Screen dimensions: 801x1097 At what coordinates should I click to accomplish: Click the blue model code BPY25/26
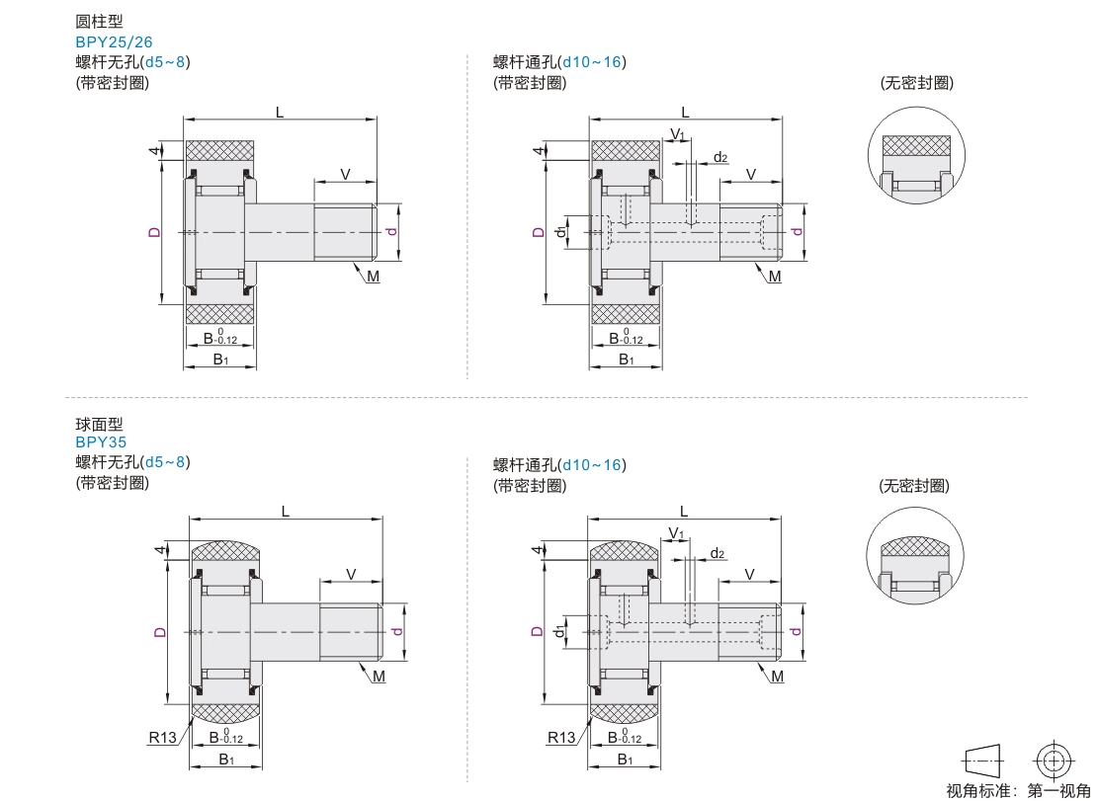tap(115, 42)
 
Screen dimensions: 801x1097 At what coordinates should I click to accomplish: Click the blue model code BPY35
tap(101, 442)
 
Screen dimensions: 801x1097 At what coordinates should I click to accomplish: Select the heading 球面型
tap(100, 424)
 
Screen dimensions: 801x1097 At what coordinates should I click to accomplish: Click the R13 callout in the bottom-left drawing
tap(162, 738)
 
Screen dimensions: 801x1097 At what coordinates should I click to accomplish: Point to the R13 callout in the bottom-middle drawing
tap(561, 738)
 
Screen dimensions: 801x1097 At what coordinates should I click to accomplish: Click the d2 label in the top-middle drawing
tap(720, 158)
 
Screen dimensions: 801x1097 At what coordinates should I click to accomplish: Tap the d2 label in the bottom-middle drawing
tap(717, 554)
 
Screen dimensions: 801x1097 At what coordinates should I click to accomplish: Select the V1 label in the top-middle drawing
tap(677, 134)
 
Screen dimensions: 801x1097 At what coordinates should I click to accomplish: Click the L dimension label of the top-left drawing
tap(280, 113)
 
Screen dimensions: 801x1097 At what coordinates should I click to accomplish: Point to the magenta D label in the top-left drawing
tap(154, 233)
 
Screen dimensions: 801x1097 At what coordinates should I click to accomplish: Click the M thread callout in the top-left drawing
tap(373, 277)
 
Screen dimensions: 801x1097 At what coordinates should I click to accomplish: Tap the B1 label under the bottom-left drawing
tap(226, 760)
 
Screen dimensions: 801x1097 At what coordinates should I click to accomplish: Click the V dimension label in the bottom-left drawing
tap(351, 574)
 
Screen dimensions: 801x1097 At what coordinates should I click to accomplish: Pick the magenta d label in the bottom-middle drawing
tap(796, 631)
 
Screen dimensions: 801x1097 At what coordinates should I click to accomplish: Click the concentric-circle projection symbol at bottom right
tap(1055, 760)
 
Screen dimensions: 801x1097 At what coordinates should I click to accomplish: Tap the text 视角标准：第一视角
tap(1018, 790)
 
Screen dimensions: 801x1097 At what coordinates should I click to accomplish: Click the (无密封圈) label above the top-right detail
tap(917, 83)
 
